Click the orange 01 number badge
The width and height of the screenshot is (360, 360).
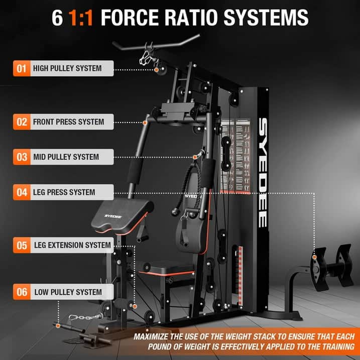21,68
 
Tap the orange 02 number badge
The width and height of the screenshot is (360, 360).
21,122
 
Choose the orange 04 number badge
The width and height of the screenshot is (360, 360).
21,192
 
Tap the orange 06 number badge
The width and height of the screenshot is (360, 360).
21,292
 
